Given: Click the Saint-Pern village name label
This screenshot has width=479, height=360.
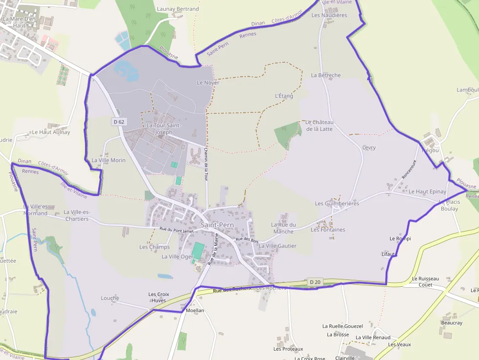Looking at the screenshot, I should tap(217, 225).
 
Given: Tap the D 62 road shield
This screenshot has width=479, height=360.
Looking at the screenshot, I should tap(118, 122).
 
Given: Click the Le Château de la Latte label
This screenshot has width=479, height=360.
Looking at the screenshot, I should tap(319, 125).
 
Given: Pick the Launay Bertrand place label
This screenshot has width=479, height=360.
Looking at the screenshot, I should tap(178, 9).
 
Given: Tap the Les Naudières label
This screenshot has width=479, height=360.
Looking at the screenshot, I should tap(329, 15).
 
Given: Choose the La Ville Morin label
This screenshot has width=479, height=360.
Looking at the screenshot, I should tap(109, 160).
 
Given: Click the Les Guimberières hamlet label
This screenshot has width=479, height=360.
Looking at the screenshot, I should tap(337, 203).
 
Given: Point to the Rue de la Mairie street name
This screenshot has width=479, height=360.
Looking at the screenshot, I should tap(212, 250).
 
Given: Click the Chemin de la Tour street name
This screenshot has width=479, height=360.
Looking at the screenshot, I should tap(206, 165).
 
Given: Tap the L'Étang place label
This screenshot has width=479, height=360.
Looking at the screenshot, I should tap(284, 96).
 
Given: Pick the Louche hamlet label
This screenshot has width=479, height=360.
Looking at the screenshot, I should tap(110, 298).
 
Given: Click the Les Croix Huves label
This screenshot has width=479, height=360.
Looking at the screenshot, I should tap(158, 297).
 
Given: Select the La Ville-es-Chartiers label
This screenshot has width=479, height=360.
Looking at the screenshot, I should tap(76, 215).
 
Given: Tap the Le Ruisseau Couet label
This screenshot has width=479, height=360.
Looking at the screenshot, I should tap(425, 281).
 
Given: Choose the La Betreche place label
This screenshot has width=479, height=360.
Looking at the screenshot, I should tap(326, 75).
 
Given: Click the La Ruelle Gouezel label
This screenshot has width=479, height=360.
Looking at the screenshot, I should tap(342, 326).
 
